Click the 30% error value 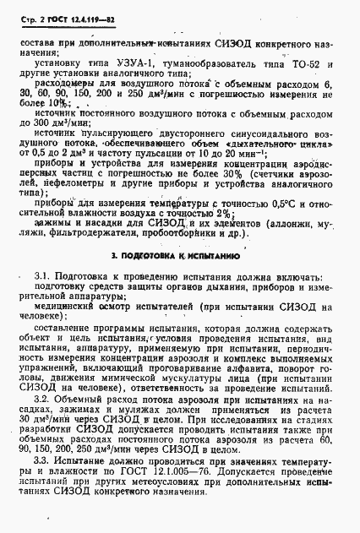click(x=245, y=169)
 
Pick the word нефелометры click(x=86, y=181)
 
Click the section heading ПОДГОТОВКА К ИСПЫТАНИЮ click(x=183, y=254)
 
